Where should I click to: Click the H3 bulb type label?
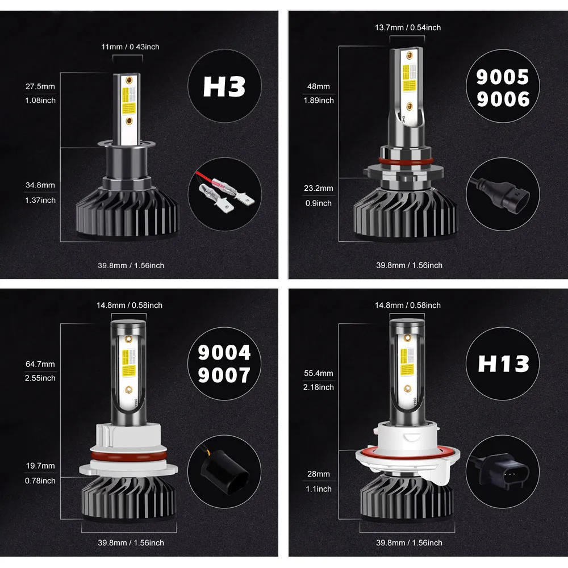[224, 86]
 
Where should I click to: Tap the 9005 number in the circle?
[503, 77]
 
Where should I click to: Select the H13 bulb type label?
[503, 364]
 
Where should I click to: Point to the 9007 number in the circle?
[224, 375]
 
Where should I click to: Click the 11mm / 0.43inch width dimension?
[131, 47]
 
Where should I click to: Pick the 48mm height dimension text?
[319, 86]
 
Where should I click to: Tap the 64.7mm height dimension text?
[40, 364]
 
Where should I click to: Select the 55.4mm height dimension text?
[319, 373]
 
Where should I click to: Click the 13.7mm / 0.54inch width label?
[408, 27]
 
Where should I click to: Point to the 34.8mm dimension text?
[40, 185]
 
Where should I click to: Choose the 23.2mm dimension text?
[319, 189]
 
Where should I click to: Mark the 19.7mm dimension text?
[40, 466]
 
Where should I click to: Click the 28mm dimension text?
[319, 474]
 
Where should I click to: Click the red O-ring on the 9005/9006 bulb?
[406, 161]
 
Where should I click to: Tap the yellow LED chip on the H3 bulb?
[128, 101]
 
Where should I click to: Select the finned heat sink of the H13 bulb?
[407, 496]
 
